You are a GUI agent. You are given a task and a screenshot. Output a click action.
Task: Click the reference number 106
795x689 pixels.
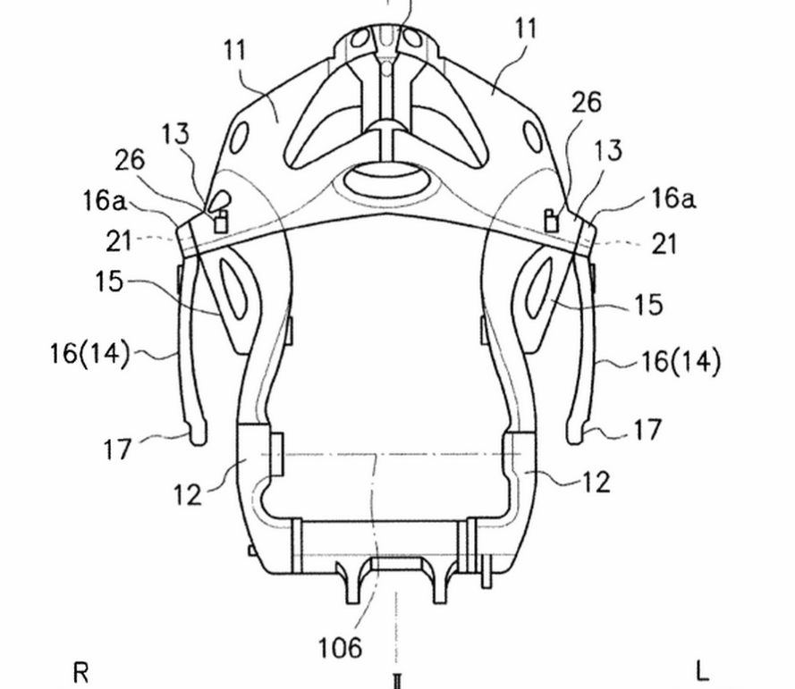(x=340, y=648)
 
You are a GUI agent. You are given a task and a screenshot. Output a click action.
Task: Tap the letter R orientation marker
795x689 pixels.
(x=81, y=672)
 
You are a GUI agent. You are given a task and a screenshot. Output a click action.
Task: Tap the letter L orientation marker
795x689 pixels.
(x=702, y=672)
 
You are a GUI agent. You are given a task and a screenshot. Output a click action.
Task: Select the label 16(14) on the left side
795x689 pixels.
(x=89, y=353)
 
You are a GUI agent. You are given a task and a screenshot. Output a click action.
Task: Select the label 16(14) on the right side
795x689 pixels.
(x=681, y=362)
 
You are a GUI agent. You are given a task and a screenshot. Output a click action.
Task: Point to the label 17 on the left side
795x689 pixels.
(x=118, y=449)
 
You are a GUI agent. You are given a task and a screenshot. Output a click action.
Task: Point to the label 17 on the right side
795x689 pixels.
(x=647, y=430)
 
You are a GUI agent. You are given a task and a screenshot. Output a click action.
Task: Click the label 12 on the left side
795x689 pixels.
(x=188, y=494)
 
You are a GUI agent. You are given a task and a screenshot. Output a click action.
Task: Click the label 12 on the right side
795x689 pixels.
(x=596, y=482)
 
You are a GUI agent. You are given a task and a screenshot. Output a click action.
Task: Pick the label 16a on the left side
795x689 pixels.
(x=104, y=201)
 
